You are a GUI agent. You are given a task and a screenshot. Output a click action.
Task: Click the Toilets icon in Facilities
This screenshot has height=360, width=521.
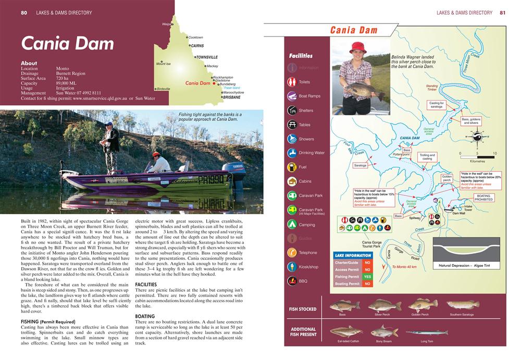click(292, 82)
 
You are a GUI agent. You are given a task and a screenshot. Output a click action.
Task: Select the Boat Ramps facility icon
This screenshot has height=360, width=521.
click(292, 96)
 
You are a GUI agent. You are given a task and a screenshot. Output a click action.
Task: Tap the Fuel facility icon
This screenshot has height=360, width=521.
click(292, 167)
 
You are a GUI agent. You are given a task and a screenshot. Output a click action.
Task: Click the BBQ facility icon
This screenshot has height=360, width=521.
click(292, 281)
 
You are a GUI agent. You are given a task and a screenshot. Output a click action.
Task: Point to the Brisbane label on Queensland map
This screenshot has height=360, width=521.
click(231, 97)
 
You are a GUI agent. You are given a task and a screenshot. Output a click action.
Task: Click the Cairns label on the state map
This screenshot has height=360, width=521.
click(197, 46)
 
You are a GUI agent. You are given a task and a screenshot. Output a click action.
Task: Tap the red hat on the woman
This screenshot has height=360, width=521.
click(358, 47)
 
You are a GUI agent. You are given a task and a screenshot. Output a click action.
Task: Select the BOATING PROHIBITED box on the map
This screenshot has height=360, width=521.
click(484, 197)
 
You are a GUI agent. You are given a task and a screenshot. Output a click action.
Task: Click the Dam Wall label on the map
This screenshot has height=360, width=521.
click(458, 213)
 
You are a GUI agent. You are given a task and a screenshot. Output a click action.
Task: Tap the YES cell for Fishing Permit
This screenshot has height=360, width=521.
click(367, 277)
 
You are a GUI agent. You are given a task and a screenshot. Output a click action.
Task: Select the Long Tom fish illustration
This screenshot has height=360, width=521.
click(426, 332)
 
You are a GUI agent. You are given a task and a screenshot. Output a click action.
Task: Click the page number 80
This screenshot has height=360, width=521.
click(24, 13)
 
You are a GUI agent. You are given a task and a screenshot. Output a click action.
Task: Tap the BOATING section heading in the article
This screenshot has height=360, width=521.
click(145, 316)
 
